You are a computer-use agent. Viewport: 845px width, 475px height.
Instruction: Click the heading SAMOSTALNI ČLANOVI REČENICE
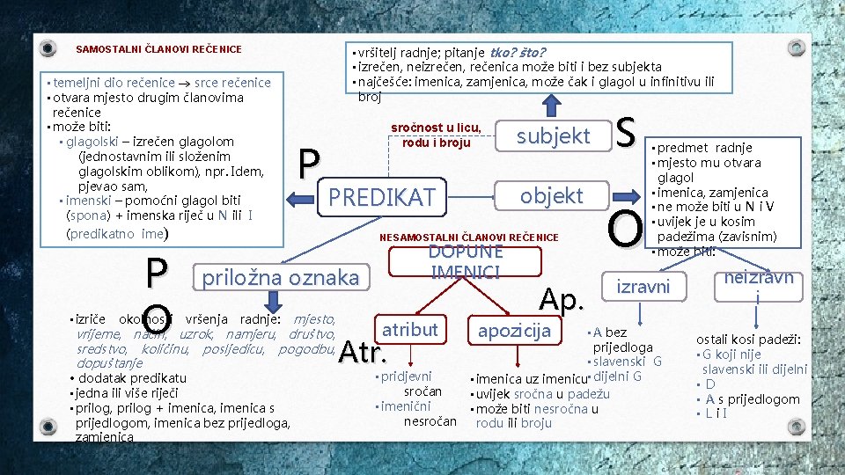click(x=158, y=49)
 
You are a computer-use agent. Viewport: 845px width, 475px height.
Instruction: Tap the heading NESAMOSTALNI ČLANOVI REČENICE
click(x=468, y=237)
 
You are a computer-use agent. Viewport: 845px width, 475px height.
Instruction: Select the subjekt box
click(x=553, y=135)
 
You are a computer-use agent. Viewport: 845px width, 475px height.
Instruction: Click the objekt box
click(x=551, y=195)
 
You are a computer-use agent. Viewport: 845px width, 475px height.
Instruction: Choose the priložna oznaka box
click(x=281, y=278)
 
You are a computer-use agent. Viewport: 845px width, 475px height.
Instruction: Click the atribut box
click(x=410, y=330)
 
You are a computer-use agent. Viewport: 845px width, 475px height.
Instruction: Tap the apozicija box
click(x=513, y=331)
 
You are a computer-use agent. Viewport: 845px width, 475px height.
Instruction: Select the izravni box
click(x=643, y=287)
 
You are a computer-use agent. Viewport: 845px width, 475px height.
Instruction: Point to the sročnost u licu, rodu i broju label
click(x=436, y=135)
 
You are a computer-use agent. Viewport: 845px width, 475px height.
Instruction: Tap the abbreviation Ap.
click(x=562, y=301)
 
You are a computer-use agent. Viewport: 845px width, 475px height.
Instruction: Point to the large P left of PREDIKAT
click(x=308, y=164)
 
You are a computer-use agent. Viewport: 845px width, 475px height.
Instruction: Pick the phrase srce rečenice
click(x=232, y=83)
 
